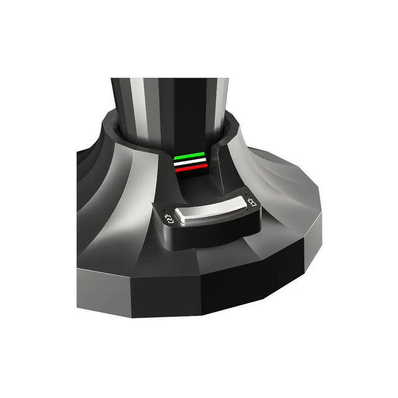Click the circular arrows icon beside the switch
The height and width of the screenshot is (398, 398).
click(x=168, y=218)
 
